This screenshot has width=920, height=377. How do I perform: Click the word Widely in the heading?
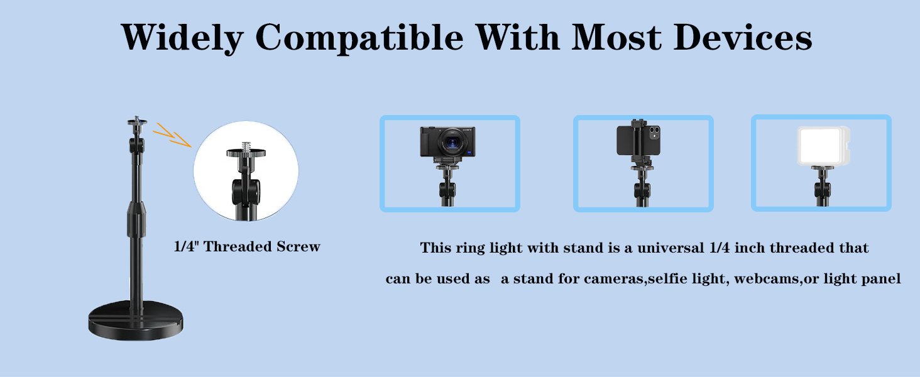coord(182,37)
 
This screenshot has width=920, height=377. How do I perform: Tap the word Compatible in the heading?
coord(359,37)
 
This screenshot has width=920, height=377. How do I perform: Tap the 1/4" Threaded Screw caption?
coord(247,247)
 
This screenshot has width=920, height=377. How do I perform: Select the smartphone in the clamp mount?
coord(637,140)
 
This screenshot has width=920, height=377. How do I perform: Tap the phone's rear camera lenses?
coord(654,133)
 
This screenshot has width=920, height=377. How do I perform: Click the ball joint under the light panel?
coord(822,188)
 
